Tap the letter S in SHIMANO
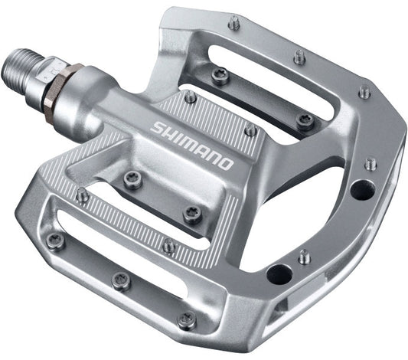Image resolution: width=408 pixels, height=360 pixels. [158, 126]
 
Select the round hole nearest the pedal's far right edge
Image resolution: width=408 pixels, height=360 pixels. [357, 188]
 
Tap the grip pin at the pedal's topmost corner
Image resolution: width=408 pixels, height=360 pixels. [234, 23]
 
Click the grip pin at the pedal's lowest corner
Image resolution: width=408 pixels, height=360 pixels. [184, 320]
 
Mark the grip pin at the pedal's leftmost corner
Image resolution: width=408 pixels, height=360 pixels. [55, 241]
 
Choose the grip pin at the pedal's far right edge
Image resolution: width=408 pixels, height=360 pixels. [370, 163]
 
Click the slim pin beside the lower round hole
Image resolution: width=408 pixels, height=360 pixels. [305, 257]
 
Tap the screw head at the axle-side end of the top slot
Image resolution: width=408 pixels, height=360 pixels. [217, 74]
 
